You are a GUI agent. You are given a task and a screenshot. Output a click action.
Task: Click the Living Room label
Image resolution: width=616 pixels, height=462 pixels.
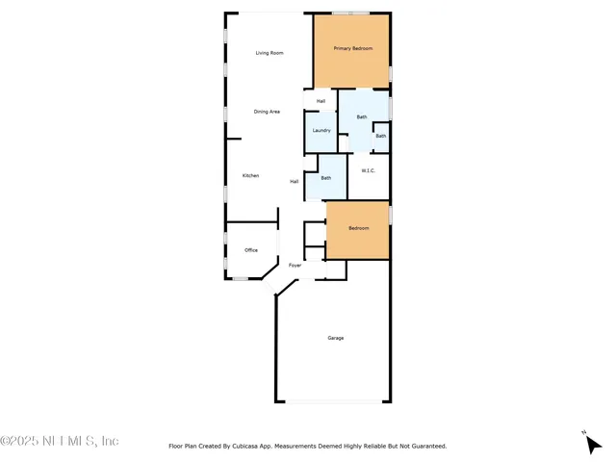[x=269, y=53]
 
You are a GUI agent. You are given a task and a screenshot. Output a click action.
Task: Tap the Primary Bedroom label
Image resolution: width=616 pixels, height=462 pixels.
[x=353, y=48]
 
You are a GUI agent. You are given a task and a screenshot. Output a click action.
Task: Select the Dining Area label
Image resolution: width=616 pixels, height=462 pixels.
[x=267, y=112]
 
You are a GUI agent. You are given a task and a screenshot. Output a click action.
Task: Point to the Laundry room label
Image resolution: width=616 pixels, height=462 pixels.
[x=321, y=130]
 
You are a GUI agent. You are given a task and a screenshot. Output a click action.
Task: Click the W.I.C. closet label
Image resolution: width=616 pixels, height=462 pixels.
[x=368, y=171]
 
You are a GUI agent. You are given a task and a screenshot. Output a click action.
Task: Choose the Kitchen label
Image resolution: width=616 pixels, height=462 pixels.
[x=250, y=175]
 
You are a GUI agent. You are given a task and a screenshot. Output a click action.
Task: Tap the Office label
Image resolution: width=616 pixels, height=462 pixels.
[x=251, y=250]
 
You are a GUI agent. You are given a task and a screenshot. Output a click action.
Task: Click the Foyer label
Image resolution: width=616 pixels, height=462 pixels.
[x=295, y=265]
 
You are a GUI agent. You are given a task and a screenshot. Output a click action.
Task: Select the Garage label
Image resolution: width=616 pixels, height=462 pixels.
[x=336, y=338]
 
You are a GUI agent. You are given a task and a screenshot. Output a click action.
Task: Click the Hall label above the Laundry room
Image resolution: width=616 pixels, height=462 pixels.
[x=321, y=100]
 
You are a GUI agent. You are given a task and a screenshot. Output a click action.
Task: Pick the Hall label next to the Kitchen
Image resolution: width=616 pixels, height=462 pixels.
[x=295, y=181]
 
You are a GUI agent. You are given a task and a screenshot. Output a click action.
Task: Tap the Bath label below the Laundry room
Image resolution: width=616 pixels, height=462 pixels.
[x=326, y=177]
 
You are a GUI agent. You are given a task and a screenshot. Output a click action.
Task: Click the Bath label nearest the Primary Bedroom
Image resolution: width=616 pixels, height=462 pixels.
[x=362, y=117]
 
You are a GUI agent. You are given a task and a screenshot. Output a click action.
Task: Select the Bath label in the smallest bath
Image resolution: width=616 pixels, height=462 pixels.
[x=381, y=136]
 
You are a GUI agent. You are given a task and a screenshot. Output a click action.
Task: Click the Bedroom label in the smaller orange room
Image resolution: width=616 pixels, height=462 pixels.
[x=358, y=228]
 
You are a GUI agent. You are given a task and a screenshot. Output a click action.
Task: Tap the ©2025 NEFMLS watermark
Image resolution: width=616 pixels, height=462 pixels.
[x=60, y=441]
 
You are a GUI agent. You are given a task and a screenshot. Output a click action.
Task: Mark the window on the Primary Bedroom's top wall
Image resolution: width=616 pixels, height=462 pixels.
[x=351, y=13]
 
